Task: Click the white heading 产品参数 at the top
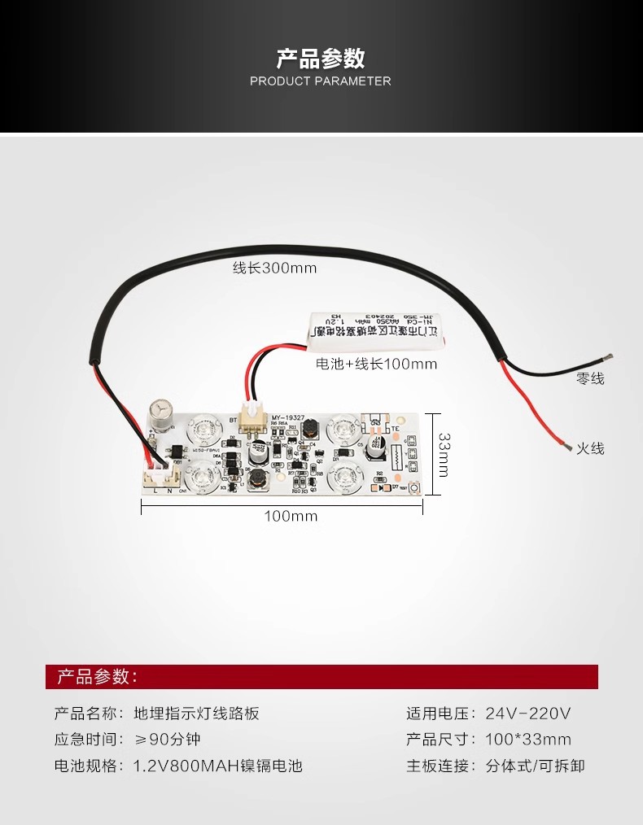pos(321,59)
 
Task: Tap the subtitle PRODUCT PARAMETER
pos(321,81)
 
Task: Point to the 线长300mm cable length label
pos(274,268)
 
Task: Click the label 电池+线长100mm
pos(376,364)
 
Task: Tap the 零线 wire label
pos(590,378)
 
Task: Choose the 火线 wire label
pos(590,448)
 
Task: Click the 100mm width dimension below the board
pos(291,516)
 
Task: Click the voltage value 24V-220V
pos(528,714)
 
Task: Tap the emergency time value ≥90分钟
pos(168,740)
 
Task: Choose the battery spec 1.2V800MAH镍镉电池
pos(217,766)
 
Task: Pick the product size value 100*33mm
pos(528,740)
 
